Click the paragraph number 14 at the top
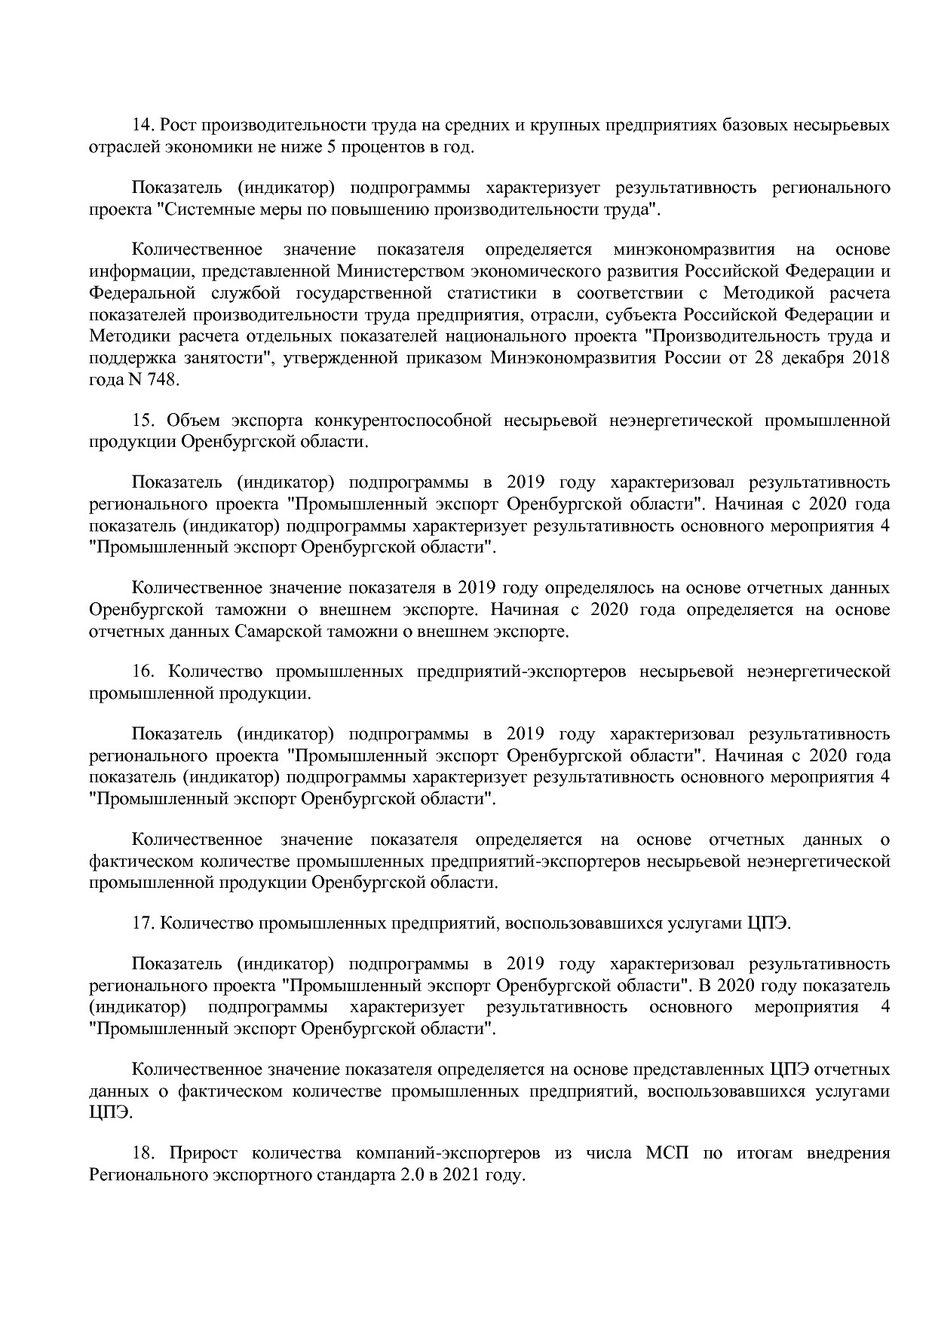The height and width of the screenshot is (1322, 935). point(143,125)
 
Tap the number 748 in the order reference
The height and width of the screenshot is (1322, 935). point(164,380)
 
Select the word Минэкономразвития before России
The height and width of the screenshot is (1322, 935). point(574,358)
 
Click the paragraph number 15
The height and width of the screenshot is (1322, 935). point(143,420)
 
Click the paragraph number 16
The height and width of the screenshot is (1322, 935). point(143,671)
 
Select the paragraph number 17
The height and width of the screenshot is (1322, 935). point(143,923)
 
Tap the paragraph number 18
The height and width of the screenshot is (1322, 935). point(143,1153)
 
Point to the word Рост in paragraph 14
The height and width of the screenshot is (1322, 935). point(180,125)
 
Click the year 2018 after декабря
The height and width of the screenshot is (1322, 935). point(871,358)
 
